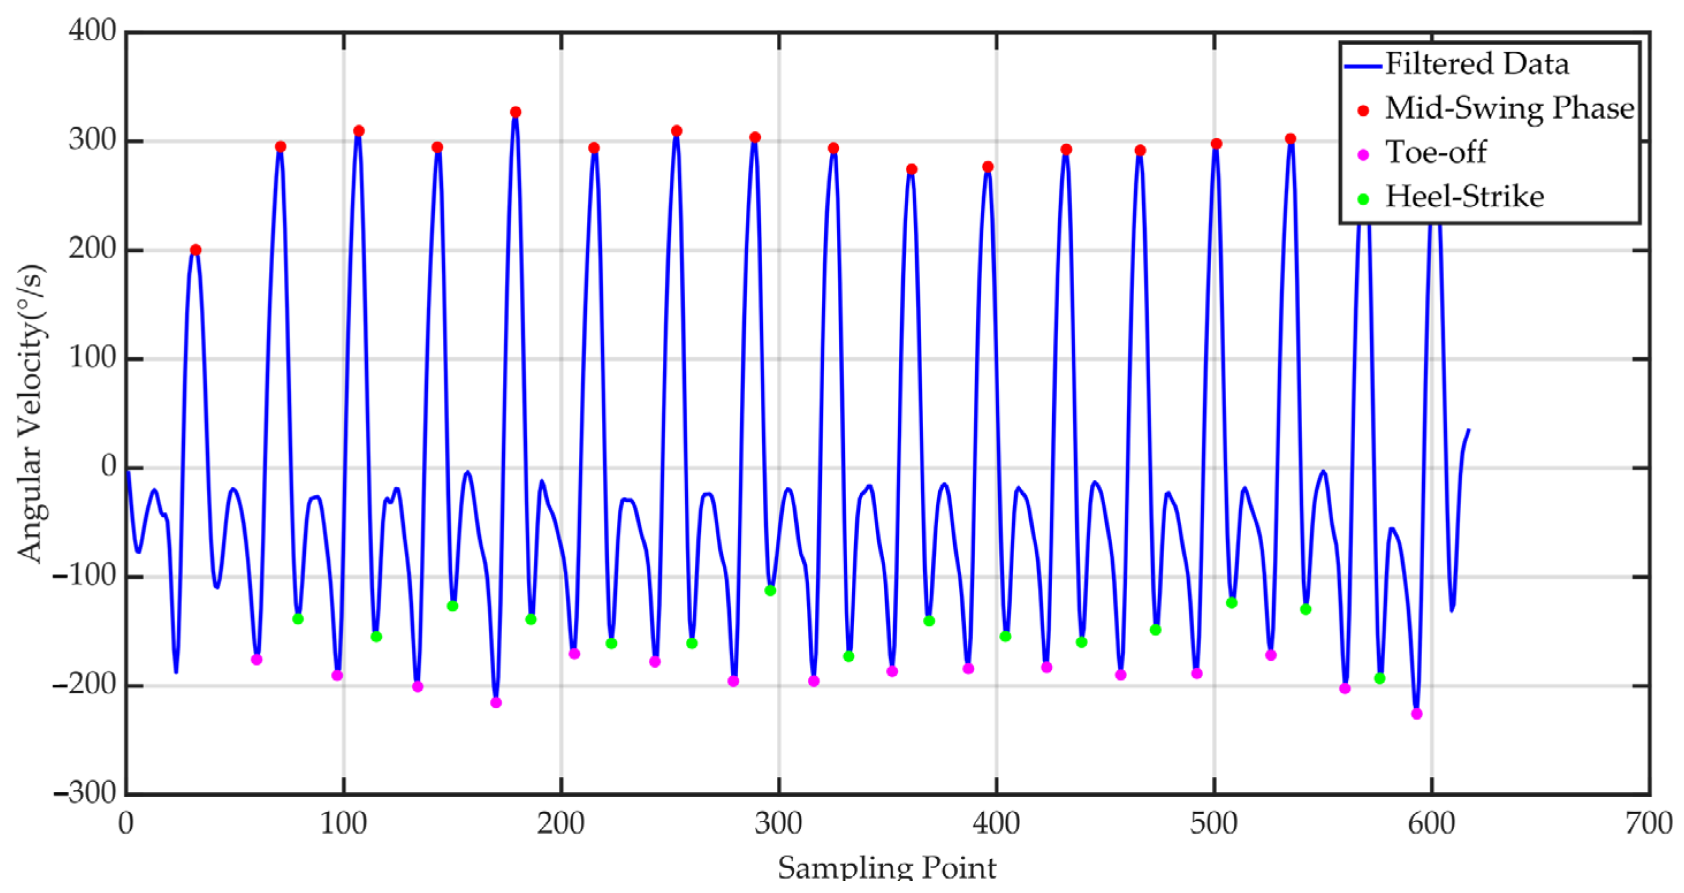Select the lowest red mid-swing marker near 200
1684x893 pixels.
[x=195, y=249]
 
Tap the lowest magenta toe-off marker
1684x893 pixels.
[x=1417, y=714]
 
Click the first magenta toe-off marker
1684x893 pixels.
[x=256, y=660]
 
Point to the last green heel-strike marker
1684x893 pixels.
[x=1379, y=679]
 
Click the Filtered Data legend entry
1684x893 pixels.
[x=1476, y=64]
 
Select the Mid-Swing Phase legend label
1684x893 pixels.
[x=1509, y=108]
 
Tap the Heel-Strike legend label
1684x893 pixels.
[x=1465, y=196]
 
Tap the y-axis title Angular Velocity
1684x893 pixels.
[x=31, y=413]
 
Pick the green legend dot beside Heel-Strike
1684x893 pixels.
[x=1363, y=199]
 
